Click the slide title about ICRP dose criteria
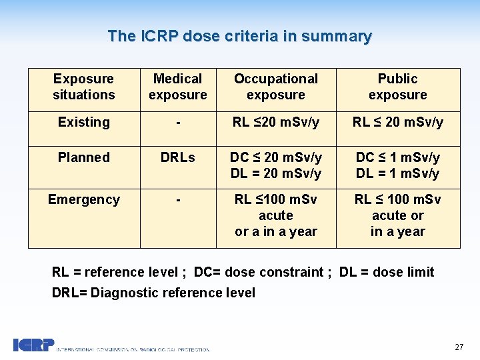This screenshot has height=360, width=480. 240,36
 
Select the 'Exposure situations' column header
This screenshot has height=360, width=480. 84,87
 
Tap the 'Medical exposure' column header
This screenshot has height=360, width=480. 177,87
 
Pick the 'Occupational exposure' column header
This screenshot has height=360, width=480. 275,87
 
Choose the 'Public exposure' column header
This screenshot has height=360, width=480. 397,87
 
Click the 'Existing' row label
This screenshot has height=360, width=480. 84,122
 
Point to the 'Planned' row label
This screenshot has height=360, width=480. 84,157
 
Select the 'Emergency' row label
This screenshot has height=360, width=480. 84,199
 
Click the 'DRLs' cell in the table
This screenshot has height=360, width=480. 177,157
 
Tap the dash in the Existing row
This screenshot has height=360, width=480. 177,123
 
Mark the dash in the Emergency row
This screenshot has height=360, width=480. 177,200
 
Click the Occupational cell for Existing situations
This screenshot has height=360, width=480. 275,122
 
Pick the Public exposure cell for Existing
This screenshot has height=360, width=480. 397,122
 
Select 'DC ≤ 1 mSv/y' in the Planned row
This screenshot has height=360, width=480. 397,157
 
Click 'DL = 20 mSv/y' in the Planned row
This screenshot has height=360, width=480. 275,173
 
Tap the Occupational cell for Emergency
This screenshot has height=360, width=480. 275,215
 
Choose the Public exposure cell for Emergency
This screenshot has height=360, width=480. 397,215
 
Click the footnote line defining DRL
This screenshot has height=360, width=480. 153,293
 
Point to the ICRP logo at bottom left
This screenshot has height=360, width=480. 33,345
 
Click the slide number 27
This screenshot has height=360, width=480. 459,347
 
